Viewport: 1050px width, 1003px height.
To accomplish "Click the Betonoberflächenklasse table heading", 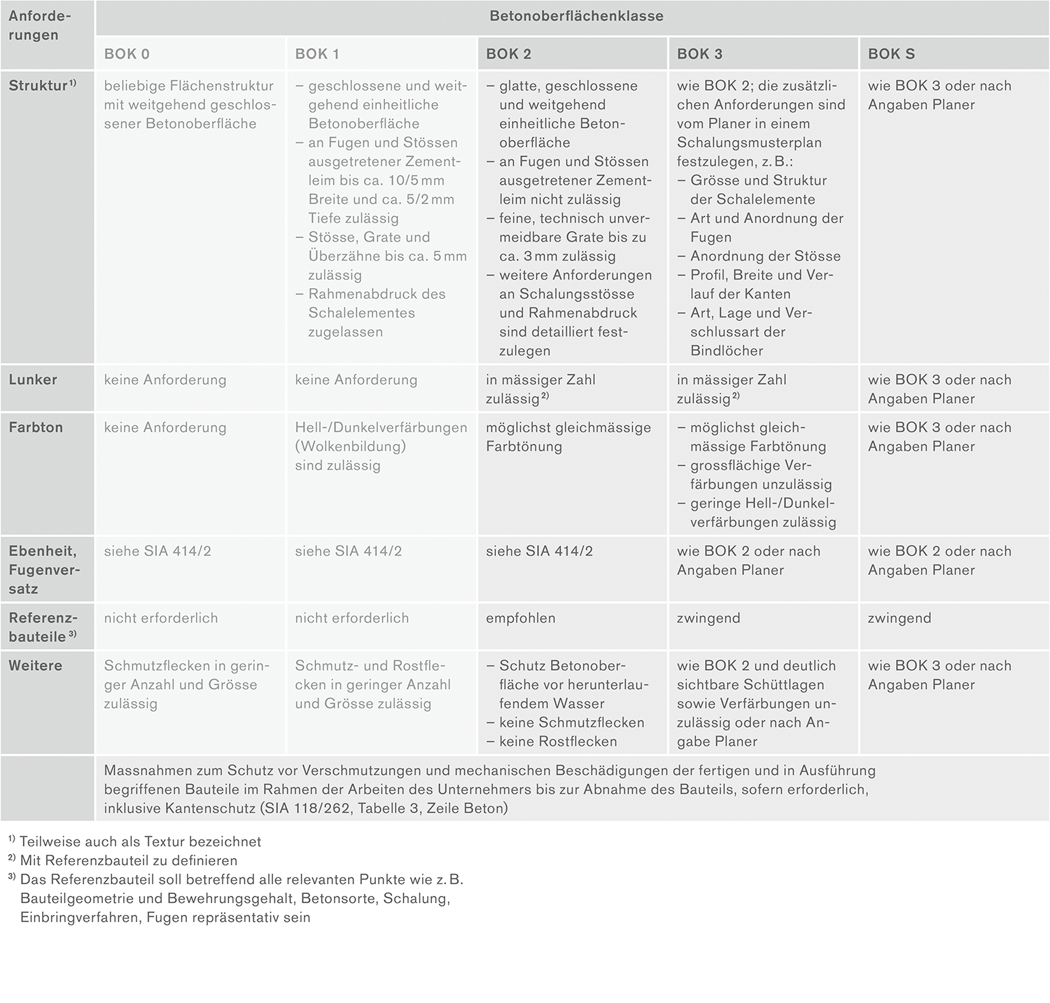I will pos(576,16).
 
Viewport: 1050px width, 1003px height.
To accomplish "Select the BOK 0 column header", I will pos(127,54).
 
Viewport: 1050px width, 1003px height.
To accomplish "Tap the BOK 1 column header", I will pos(317,54).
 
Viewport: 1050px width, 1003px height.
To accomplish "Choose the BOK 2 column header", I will pos(508,54).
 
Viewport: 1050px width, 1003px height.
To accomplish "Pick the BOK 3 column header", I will pos(699,54).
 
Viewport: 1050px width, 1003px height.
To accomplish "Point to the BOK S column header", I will pos(891,54).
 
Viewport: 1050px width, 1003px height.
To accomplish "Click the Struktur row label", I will pos(38,86).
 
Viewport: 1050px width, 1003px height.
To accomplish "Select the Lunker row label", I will pos(33,380).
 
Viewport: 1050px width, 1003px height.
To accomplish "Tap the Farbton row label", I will pos(36,427).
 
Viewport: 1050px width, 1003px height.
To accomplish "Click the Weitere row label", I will pos(36,666).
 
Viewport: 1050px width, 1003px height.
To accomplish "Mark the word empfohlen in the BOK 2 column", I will pos(521,618).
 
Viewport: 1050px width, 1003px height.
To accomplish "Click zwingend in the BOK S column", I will pos(899,618).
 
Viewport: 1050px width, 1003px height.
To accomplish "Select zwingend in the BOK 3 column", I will pos(708,618).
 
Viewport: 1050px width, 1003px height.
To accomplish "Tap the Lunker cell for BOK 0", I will pos(165,380).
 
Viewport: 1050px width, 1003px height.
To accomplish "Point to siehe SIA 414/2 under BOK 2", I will pos(539,551).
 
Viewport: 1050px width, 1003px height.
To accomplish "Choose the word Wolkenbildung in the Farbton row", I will pos(350,446).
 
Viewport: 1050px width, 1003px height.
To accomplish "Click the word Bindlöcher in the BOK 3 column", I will pos(727,351).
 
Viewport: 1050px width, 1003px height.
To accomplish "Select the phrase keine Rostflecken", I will pos(558,741).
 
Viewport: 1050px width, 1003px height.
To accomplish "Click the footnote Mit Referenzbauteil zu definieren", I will pos(129,861).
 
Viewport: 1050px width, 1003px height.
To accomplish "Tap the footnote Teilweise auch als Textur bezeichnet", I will pos(140,842).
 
